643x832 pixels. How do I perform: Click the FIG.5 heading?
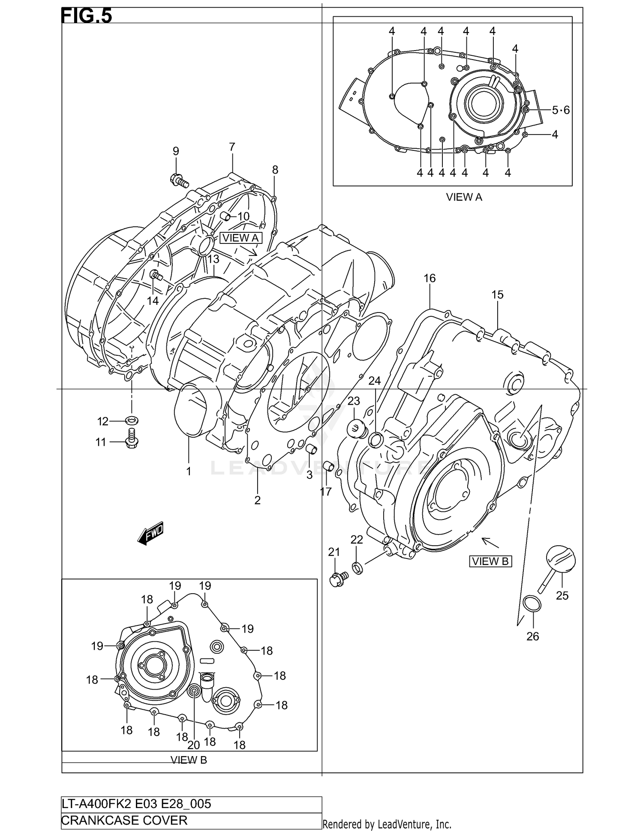pos(87,16)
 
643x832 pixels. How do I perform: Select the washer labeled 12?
pos(132,420)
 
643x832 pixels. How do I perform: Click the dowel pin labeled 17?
pos(328,466)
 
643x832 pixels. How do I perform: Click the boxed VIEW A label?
pos(240,238)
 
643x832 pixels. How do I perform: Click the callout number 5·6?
pos(560,110)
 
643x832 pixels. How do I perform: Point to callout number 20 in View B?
pos(194,745)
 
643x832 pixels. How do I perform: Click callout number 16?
pos(430,278)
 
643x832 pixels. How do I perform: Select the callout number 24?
pos(374,381)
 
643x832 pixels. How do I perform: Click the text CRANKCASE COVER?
pos(125,820)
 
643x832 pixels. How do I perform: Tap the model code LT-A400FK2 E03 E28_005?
pos(137,803)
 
